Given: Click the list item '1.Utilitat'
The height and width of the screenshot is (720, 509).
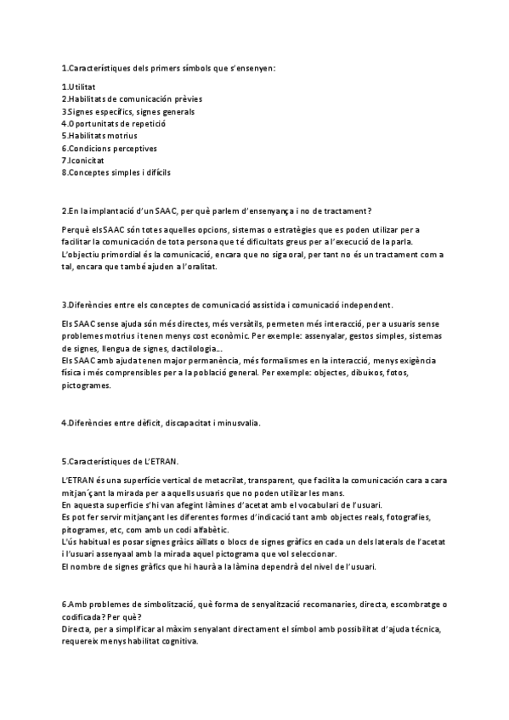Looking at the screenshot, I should pyautogui.click(x=78, y=87).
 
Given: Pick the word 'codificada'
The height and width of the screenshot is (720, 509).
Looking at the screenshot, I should pyautogui.click(x=86, y=617).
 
